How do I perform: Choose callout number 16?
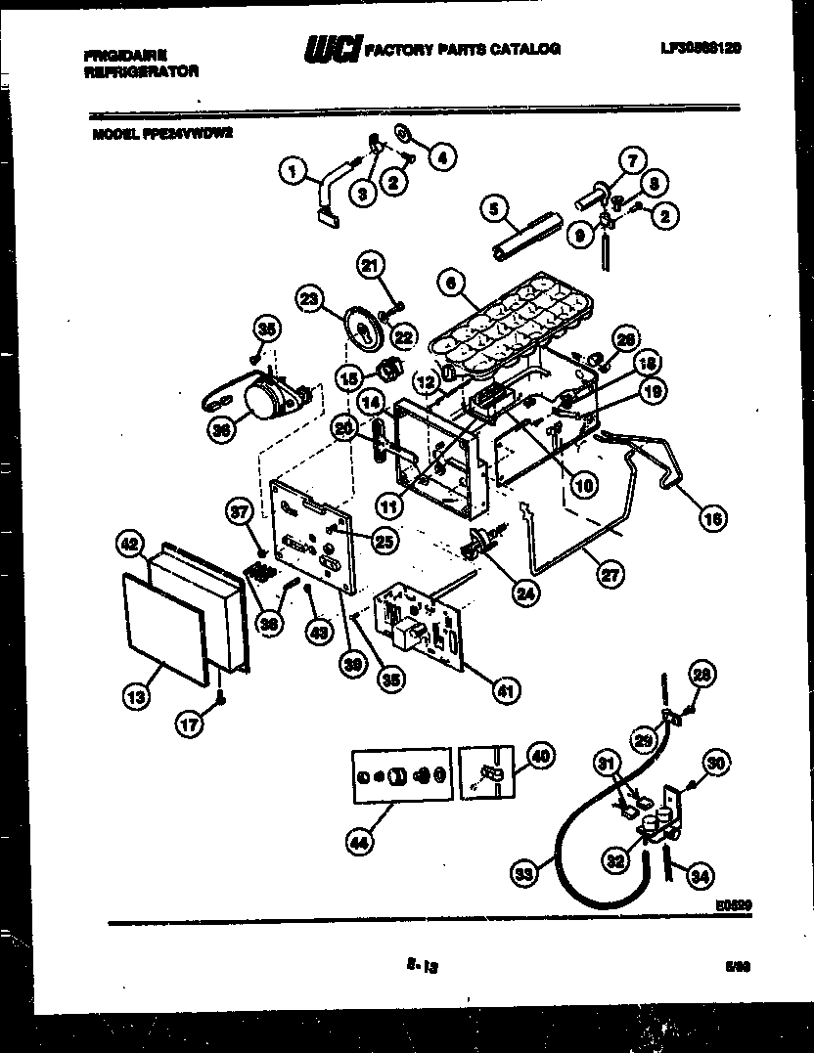pos(713,519)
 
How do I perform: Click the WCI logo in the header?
pos(333,47)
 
